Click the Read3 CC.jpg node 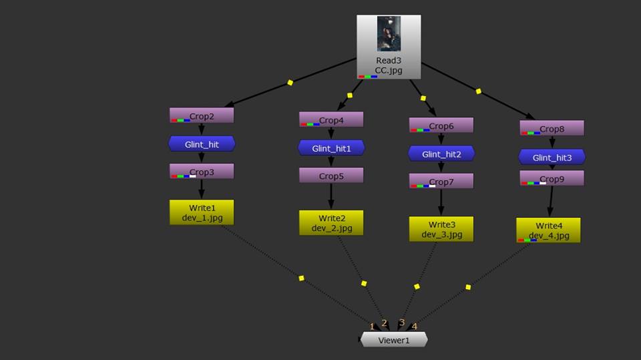click(389, 65)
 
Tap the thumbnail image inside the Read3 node click(389, 33)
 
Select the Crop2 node click(202, 116)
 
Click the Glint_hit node click(202, 144)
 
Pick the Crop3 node click(202, 171)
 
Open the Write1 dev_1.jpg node click(202, 212)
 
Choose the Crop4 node click(331, 120)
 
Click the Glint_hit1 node click(331, 148)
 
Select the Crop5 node click(331, 176)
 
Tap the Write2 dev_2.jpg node click(331, 222)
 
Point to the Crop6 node click(441, 125)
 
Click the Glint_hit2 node click(441, 154)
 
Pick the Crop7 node click(441, 181)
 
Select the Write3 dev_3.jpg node click(441, 228)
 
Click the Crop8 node click(552, 128)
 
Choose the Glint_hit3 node click(552, 157)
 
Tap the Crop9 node click(552, 178)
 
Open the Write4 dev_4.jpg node click(548, 230)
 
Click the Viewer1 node click(394, 340)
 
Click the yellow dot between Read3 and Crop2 click(290, 83)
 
